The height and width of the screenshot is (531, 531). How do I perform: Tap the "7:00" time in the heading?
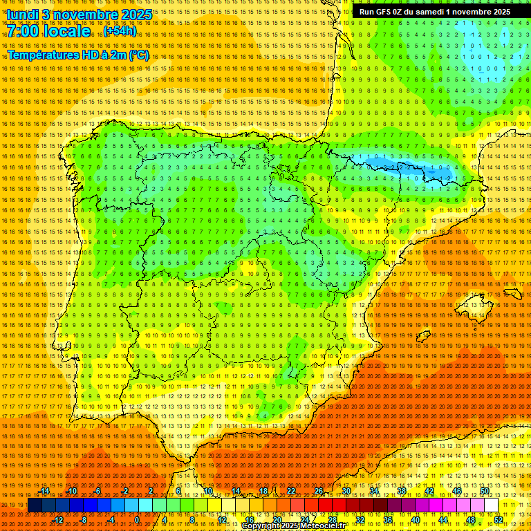point(26,31)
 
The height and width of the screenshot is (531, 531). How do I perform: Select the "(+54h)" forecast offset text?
point(120,31)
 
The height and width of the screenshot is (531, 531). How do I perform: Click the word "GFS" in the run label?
point(383,12)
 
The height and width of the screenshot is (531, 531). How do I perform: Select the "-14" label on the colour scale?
point(44,491)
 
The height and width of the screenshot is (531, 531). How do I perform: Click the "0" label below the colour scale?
point(137,520)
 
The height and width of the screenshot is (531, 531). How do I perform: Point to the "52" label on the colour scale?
point(498,520)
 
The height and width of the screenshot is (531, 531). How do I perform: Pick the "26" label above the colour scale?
point(319,491)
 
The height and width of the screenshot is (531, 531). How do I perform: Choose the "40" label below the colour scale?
point(415,520)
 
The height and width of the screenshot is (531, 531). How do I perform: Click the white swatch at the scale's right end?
point(491,505)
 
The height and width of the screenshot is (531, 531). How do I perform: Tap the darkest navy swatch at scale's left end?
point(35,505)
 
